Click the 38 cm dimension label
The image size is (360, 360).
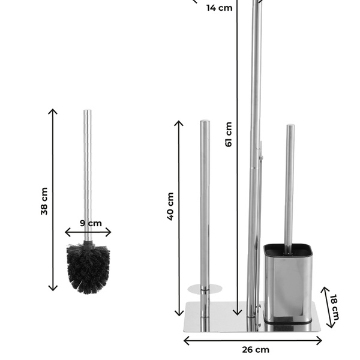[x=44, y=201]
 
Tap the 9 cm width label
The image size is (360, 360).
[x=91, y=223]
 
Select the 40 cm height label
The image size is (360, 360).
[x=170, y=206]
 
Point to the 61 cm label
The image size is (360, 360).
[x=229, y=134]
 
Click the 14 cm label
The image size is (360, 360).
[x=219, y=8]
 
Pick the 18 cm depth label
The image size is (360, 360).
[x=334, y=307]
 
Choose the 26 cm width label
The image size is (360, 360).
[x=256, y=350]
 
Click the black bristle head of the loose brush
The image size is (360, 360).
[x=88, y=269]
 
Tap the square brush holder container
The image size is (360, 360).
[x=288, y=284]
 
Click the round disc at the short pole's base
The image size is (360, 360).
[x=205, y=289]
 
